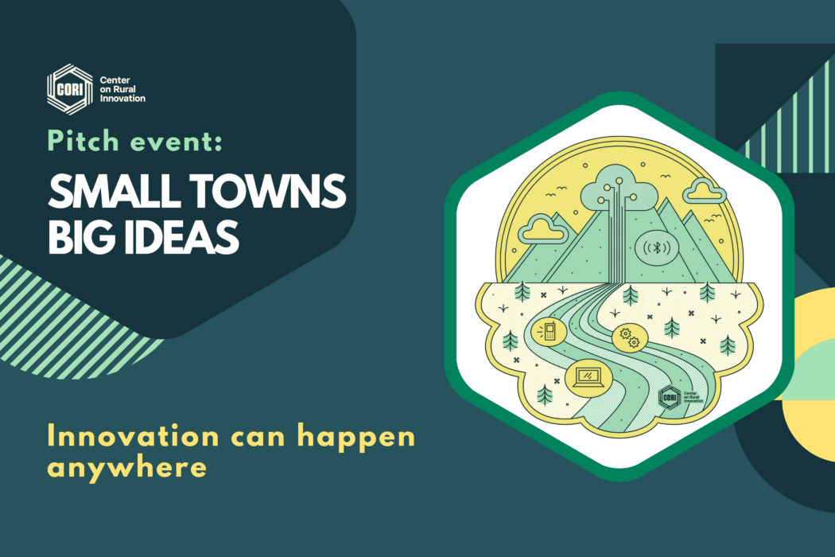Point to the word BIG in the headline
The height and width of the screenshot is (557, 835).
point(78,237)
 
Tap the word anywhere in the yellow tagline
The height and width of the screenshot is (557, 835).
point(127,467)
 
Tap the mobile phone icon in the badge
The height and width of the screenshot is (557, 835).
point(546,329)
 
